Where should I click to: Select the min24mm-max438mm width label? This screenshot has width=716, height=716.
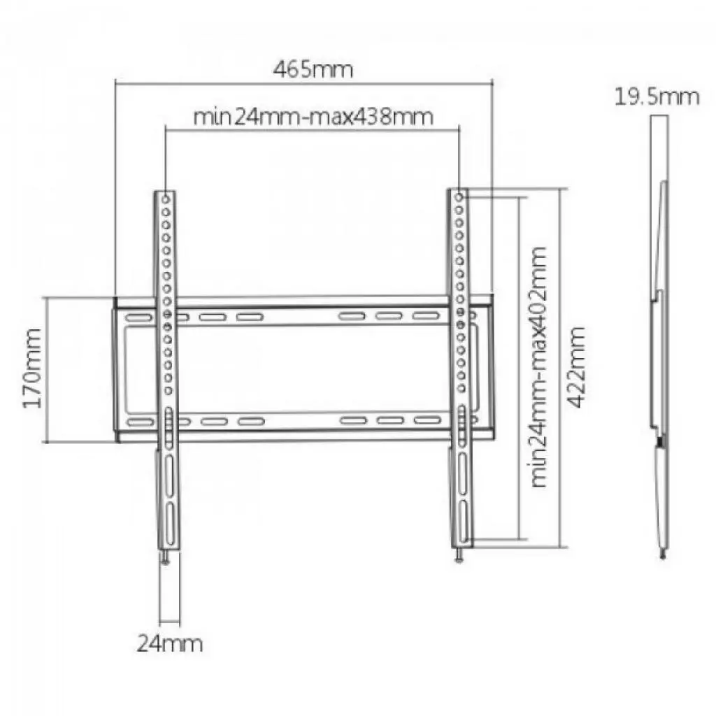[x=313, y=115]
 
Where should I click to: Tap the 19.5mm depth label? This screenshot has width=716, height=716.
[x=657, y=96]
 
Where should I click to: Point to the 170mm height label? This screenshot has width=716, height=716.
[x=32, y=368]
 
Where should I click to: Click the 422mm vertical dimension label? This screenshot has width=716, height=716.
[x=577, y=367]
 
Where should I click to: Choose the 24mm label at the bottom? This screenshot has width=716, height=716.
[x=170, y=643]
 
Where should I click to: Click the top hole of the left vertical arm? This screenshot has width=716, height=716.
[x=166, y=199]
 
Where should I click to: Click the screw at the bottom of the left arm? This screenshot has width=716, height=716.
[x=165, y=557]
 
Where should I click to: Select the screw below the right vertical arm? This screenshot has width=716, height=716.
[x=459, y=556]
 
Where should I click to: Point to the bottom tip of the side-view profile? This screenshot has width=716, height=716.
[x=662, y=556]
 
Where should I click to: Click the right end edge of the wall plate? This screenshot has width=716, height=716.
[x=492, y=368]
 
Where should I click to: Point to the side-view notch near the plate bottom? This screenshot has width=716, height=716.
[x=659, y=441]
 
